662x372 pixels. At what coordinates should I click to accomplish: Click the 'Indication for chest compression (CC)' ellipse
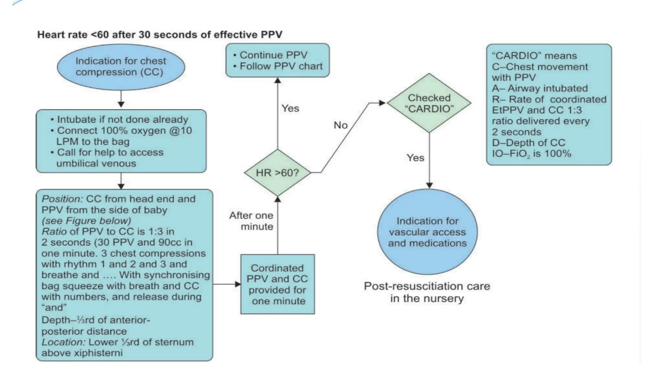pyautogui.click(x=121, y=67)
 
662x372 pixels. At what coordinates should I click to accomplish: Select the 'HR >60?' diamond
pyautogui.click(x=277, y=173)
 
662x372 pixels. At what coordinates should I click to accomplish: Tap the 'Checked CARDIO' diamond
pyautogui.click(x=429, y=103)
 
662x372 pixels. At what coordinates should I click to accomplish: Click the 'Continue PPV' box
pyautogui.click(x=277, y=60)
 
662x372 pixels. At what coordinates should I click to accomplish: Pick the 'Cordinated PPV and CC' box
pyautogui.click(x=277, y=284)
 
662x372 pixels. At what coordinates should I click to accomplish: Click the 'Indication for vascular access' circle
pyautogui.click(x=427, y=232)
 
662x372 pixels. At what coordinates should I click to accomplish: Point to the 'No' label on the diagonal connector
pyautogui.click(x=340, y=125)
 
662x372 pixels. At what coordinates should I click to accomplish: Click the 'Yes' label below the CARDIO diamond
pyautogui.click(x=415, y=158)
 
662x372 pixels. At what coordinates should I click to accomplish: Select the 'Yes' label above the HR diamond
pyautogui.click(x=290, y=108)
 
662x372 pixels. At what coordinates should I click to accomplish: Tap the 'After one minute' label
pyautogui.click(x=251, y=221)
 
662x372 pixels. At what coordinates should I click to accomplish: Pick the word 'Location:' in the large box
pyautogui.click(x=63, y=342)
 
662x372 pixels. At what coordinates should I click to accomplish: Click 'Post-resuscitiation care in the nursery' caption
pyautogui.click(x=427, y=292)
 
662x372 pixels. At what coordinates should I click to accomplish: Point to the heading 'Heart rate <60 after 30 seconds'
pyautogui.click(x=160, y=35)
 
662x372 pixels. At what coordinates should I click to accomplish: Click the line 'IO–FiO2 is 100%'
pyautogui.click(x=531, y=154)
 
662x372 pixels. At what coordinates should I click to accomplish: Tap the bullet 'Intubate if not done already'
pyautogui.click(x=122, y=119)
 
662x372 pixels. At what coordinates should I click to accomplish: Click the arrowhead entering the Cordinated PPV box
pyautogui.click(x=238, y=284)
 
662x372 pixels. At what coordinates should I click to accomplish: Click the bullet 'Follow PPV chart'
pyautogui.click(x=281, y=66)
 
